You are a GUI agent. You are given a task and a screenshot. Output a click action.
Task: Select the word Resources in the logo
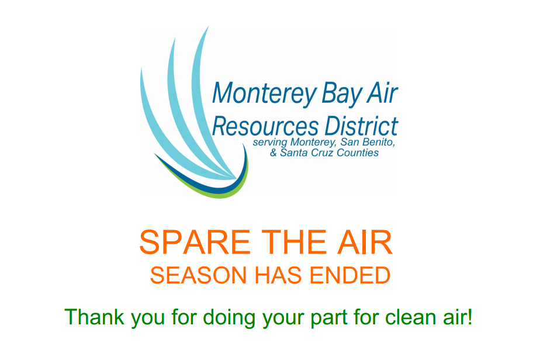point(265,126)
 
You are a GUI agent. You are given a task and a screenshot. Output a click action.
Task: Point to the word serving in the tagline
point(268,143)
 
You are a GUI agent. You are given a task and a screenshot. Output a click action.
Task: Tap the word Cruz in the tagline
point(321,153)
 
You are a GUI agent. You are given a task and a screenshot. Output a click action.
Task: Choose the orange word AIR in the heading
point(367,243)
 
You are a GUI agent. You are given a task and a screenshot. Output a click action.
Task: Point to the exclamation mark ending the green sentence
point(470,317)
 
